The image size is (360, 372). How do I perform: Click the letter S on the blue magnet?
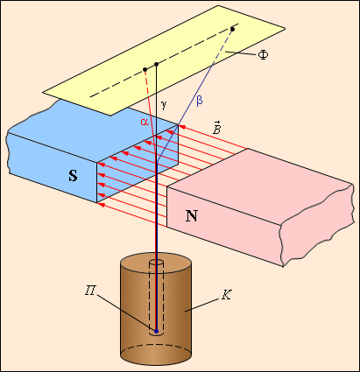pyautogui.click(x=73, y=176)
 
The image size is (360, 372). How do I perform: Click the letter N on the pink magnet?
pyautogui.click(x=192, y=216)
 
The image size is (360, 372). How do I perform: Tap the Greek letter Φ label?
pyautogui.click(x=263, y=54)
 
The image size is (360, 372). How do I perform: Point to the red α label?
pyautogui.click(x=145, y=122)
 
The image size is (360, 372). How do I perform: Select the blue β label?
pyautogui.click(x=200, y=101)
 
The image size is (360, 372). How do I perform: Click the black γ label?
pyautogui.click(x=164, y=104)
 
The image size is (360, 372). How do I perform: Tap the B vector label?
pyautogui.click(x=216, y=127)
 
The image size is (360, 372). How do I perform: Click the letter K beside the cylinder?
pyautogui.click(x=226, y=295)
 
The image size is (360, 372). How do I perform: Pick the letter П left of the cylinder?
pyautogui.click(x=90, y=291)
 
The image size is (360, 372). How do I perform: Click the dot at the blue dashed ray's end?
pyautogui.click(x=232, y=29)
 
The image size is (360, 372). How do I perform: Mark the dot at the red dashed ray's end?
pyautogui.click(x=145, y=70)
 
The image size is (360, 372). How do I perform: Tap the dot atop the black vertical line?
pyautogui.click(x=157, y=64)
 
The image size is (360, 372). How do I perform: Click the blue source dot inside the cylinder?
pyautogui.click(x=156, y=331)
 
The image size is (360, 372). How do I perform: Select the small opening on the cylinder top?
pyautogui.click(x=157, y=262)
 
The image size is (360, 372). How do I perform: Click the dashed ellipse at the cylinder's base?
pyautogui.click(x=156, y=346)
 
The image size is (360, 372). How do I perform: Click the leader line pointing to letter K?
pyautogui.click(x=202, y=305)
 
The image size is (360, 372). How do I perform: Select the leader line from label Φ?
pyautogui.click(x=241, y=53)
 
